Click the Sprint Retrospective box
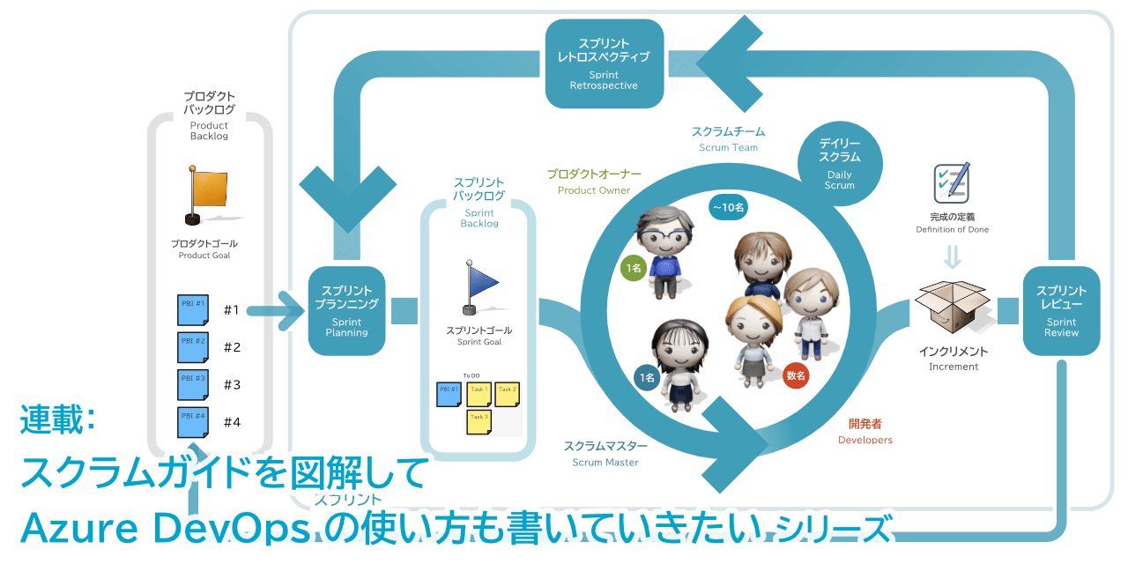coord(604,63)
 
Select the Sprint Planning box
coord(347,310)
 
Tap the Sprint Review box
coord(1061,310)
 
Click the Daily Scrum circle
coord(839,163)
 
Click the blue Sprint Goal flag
coord(479,285)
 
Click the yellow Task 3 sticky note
coord(479,421)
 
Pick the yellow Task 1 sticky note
coord(479,393)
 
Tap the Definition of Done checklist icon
coord(952,182)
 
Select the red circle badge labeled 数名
coord(796,375)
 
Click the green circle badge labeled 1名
coord(633,268)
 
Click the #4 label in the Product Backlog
coord(232,422)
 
